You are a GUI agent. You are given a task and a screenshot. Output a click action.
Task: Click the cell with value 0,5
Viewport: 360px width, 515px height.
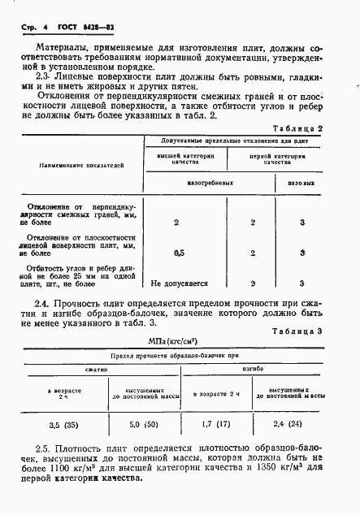point(178,253)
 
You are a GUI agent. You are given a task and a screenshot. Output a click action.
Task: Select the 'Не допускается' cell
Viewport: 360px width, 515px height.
point(180,283)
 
